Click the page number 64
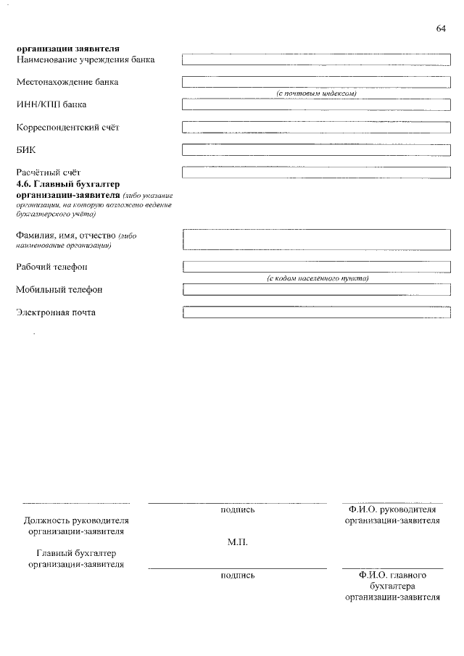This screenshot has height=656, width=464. pos(441,28)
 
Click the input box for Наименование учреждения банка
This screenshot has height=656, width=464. pos(316,59)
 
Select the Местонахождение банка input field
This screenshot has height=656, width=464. pos(316,82)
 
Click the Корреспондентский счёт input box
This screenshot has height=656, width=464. pos(316,128)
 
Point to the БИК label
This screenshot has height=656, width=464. pos(26,150)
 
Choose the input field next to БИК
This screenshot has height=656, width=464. pos(316,150)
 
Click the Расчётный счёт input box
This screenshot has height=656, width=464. pos(316,173)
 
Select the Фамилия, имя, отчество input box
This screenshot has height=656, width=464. pos(316,240)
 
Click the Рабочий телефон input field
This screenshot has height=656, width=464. pos(316,267)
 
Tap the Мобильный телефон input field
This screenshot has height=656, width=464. pos(316,290)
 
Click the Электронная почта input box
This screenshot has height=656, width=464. pos(316,312)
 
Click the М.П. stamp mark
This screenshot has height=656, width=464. pos(237,541)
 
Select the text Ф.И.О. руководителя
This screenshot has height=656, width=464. pos(391,510)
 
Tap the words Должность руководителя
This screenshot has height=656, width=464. pos(76,520)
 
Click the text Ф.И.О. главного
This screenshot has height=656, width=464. pos(391,575)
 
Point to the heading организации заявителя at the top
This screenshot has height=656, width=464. pos(68,49)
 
